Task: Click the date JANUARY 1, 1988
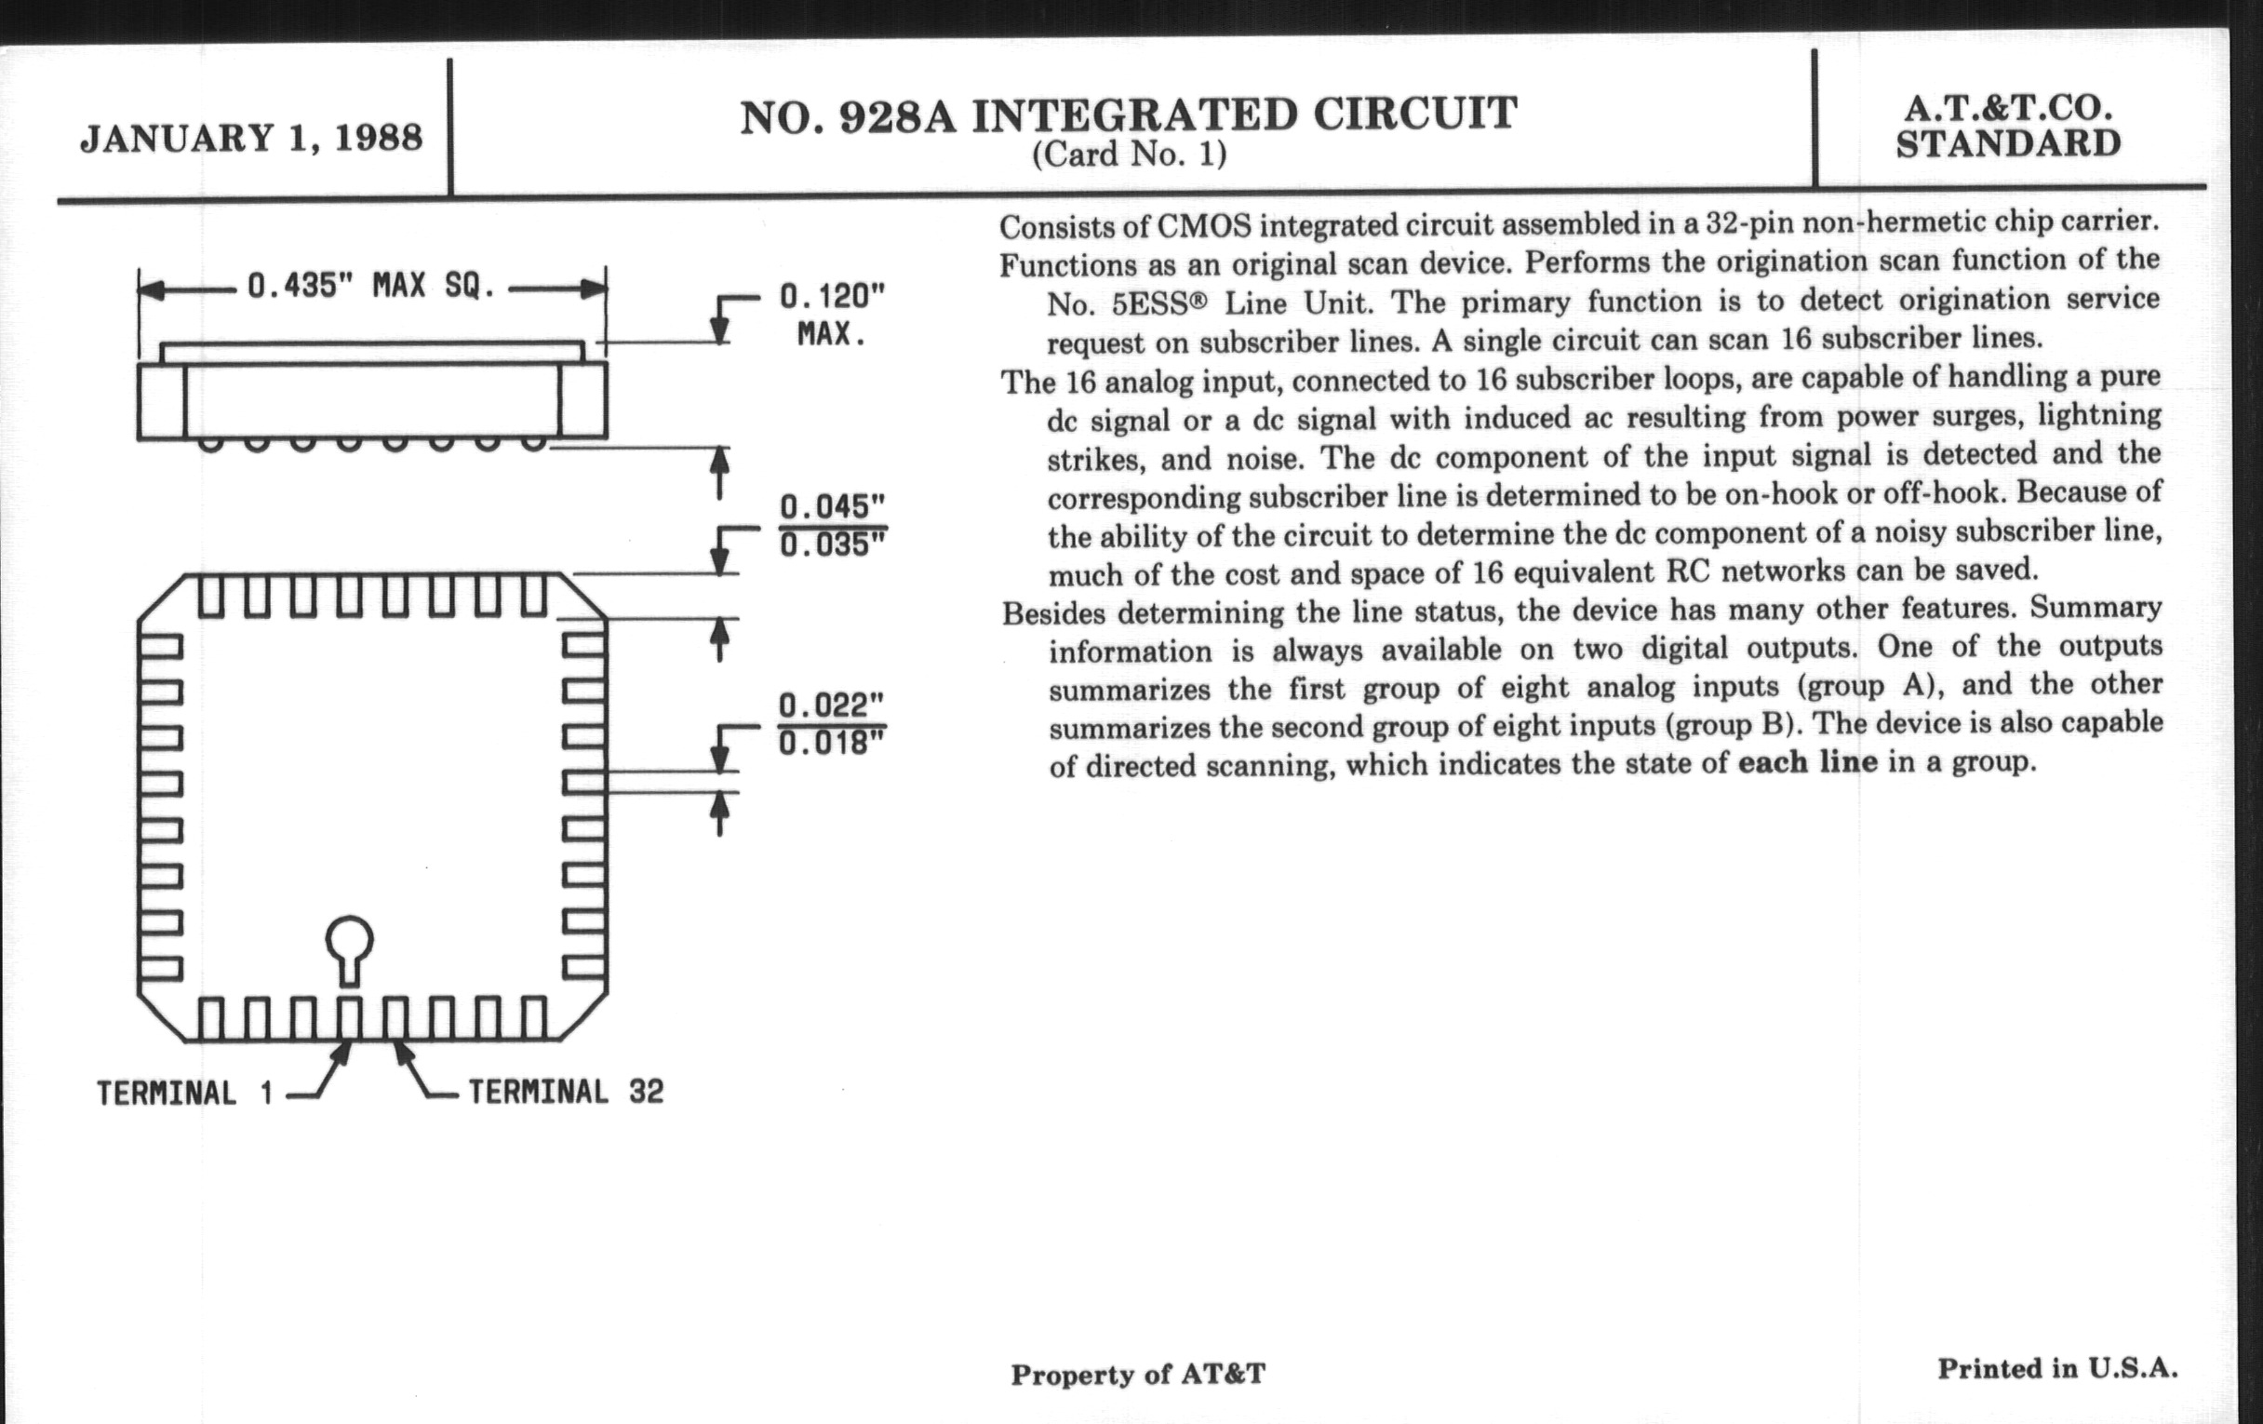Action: pyautogui.click(x=251, y=138)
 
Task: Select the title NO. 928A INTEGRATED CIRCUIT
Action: pyautogui.click(x=1129, y=114)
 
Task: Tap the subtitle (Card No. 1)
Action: pyautogui.click(x=1129, y=154)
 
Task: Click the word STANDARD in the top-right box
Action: pyautogui.click(x=2008, y=145)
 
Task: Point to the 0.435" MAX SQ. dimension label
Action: pyautogui.click(x=371, y=286)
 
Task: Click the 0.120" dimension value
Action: pyautogui.click(x=832, y=297)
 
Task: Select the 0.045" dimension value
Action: pyautogui.click(x=832, y=506)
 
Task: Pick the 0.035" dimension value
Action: pyautogui.click(x=832, y=545)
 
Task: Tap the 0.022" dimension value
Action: pyautogui.click(x=832, y=705)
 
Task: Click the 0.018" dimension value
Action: pyautogui.click(x=832, y=744)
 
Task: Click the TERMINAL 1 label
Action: pyautogui.click(x=184, y=1094)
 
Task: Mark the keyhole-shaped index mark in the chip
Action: pyautogui.click(x=350, y=947)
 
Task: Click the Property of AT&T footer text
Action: pyautogui.click(x=1137, y=1374)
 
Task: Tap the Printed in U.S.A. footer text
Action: pyautogui.click(x=2057, y=1368)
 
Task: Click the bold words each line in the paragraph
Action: pyautogui.click(x=1807, y=761)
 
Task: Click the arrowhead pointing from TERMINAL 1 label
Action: pyautogui.click(x=343, y=1052)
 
